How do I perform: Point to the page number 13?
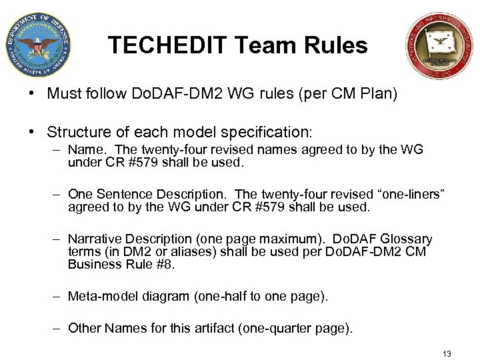pyautogui.click(x=447, y=353)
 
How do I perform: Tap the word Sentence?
pyautogui.click(x=124, y=194)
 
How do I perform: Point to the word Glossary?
pyautogui.click(x=406, y=239)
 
